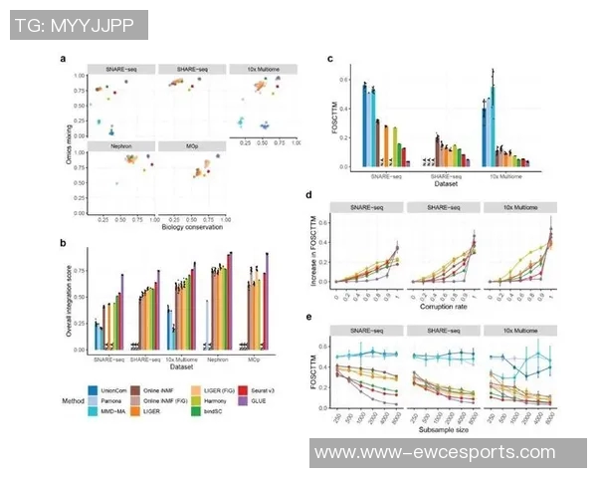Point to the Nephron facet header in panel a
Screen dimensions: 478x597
coord(122,145)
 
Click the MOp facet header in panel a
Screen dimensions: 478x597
coord(192,145)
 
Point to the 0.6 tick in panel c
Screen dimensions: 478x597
coord(338,79)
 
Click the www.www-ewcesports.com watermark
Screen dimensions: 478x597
coord(449,451)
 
